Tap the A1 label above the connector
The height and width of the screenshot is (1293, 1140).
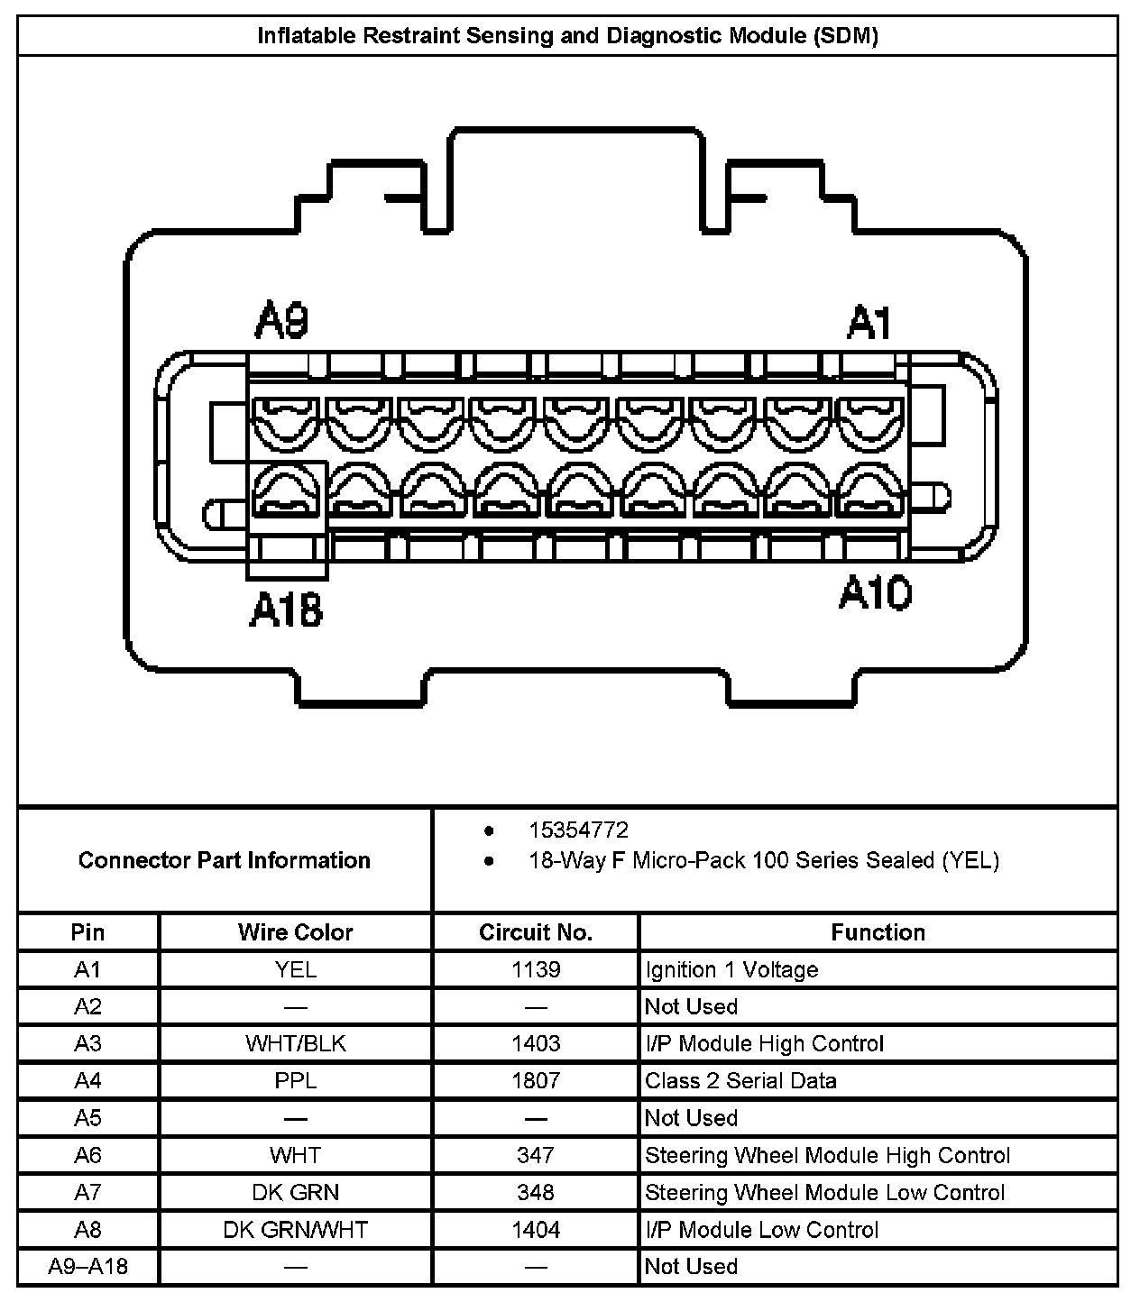(869, 322)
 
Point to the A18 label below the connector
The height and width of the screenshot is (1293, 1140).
(286, 610)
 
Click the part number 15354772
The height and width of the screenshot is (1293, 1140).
(578, 830)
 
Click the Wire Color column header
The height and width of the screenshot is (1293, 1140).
(295, 932)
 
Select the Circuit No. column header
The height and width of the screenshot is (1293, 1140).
(536, 932)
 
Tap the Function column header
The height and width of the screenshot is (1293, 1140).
(878, 932)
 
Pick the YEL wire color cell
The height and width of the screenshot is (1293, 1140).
(295, 969)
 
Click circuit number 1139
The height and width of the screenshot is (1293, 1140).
(536, 969)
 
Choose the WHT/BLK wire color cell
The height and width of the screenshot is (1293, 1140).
(295, 1043)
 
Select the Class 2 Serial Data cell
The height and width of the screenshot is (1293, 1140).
(740, 1080)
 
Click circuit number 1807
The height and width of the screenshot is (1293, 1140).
(536, 1080)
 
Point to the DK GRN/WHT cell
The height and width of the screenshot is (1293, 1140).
(295, 1229)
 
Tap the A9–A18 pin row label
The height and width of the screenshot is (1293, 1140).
(87, 1266)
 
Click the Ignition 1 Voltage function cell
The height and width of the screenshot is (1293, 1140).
(731, 969)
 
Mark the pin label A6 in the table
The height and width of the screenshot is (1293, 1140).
(87, 1155)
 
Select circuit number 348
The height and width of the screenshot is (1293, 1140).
(536, 1192)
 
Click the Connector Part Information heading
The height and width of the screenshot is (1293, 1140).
(224, 860)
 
